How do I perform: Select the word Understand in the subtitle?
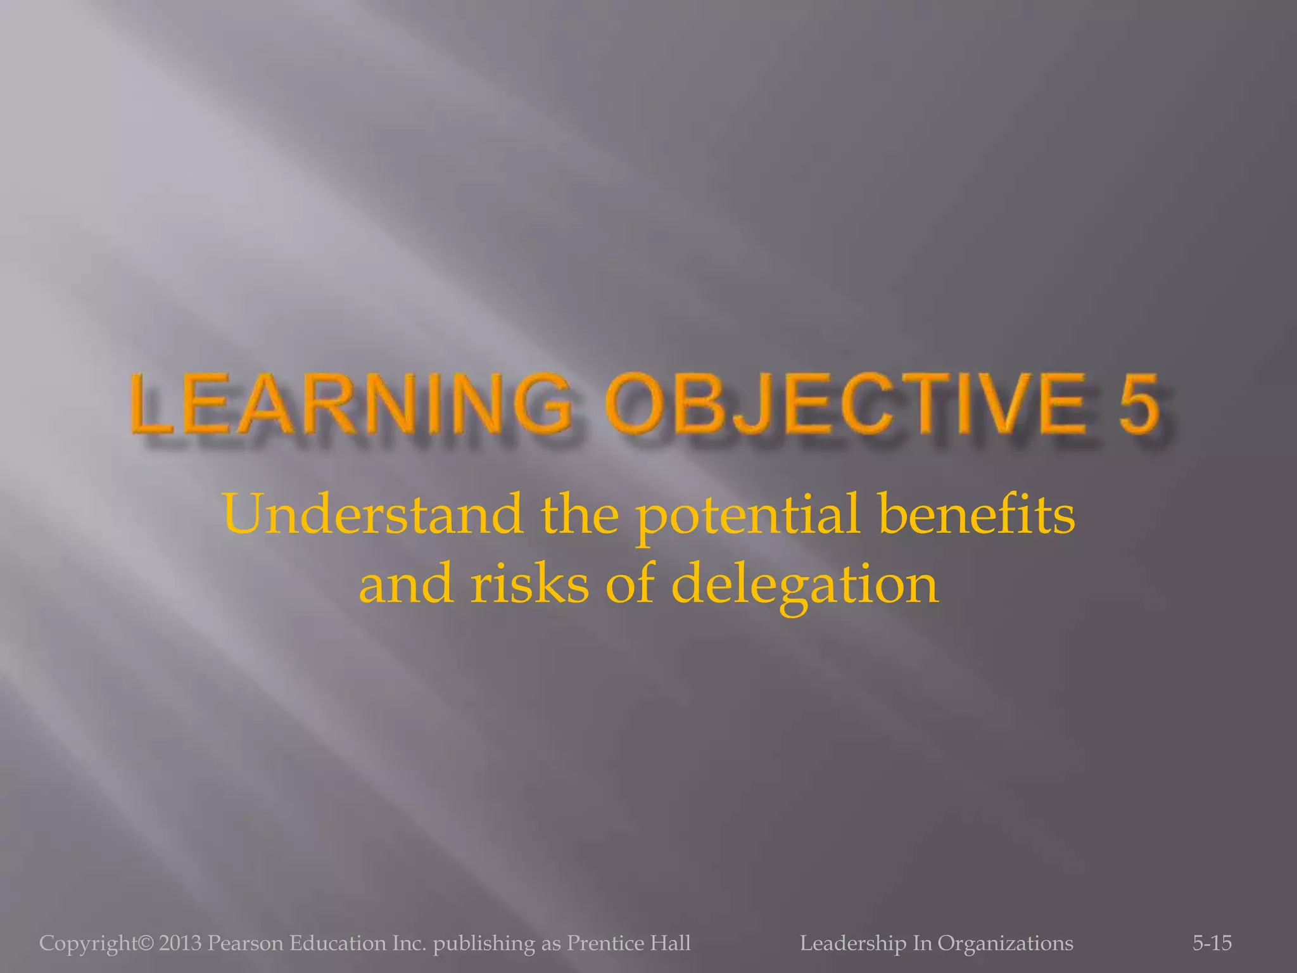coord(373,514)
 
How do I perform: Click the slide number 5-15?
coord(1212,943)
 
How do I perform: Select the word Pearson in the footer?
coord(246,943)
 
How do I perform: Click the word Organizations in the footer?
coord(1005,943)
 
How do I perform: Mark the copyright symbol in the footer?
coord(145,943)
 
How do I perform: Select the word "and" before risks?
coord(406,584)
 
